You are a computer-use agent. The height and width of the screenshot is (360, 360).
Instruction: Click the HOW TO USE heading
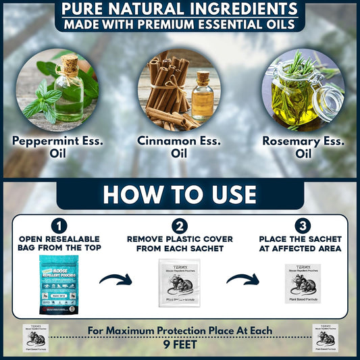click(180, 194)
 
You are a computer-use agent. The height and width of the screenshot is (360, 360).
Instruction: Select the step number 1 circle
click(59, 226)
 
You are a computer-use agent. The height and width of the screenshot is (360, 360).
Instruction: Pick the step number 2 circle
click(180, 226)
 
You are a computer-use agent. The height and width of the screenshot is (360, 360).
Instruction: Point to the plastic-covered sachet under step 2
click(180, 283)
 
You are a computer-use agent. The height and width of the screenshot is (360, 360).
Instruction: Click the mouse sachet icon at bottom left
click(26, 338)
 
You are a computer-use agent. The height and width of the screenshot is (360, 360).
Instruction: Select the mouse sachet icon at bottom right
click(332, 338)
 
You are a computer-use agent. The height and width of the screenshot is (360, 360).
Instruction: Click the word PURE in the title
click(86, 10)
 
